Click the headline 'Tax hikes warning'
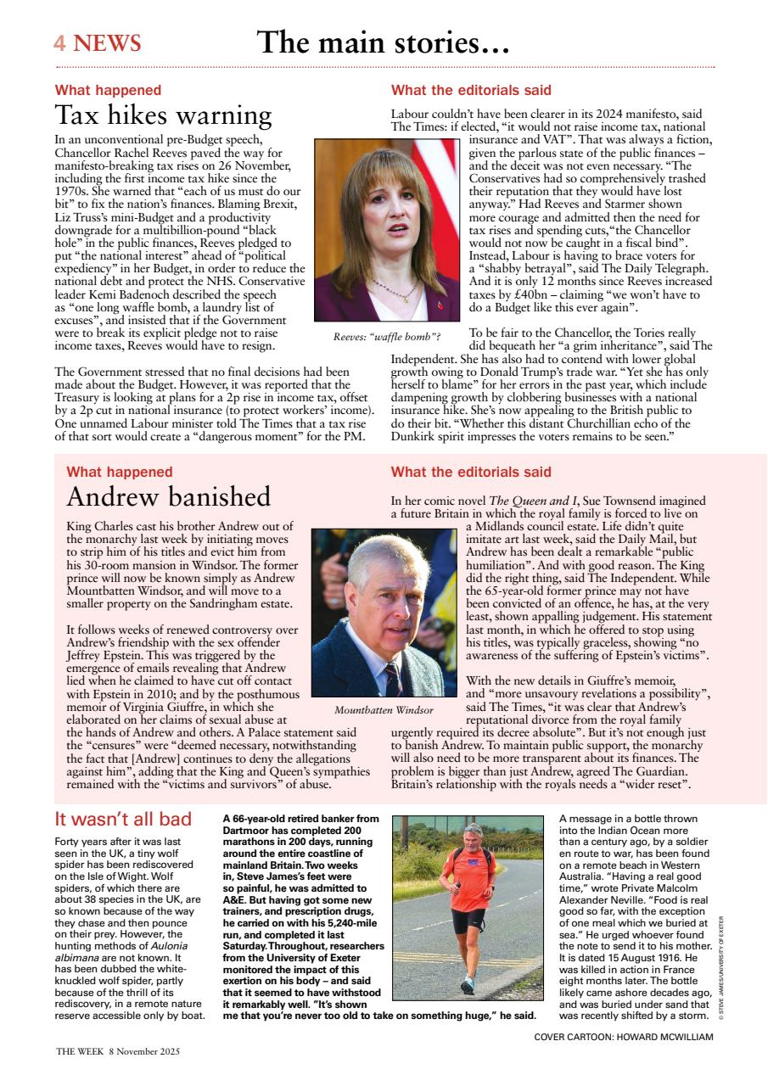tap(163, 115)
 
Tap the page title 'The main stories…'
tap(383, 42)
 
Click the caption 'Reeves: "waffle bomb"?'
tap(386, 337)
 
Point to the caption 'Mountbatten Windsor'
tap(384, 709)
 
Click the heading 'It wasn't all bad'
tap(123, 819)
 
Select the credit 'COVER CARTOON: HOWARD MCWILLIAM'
tap(624, 1037)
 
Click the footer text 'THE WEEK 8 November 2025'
tap(118, 1050)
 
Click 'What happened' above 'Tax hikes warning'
tap(108, 90)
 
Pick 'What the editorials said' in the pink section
tap(470, 472)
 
